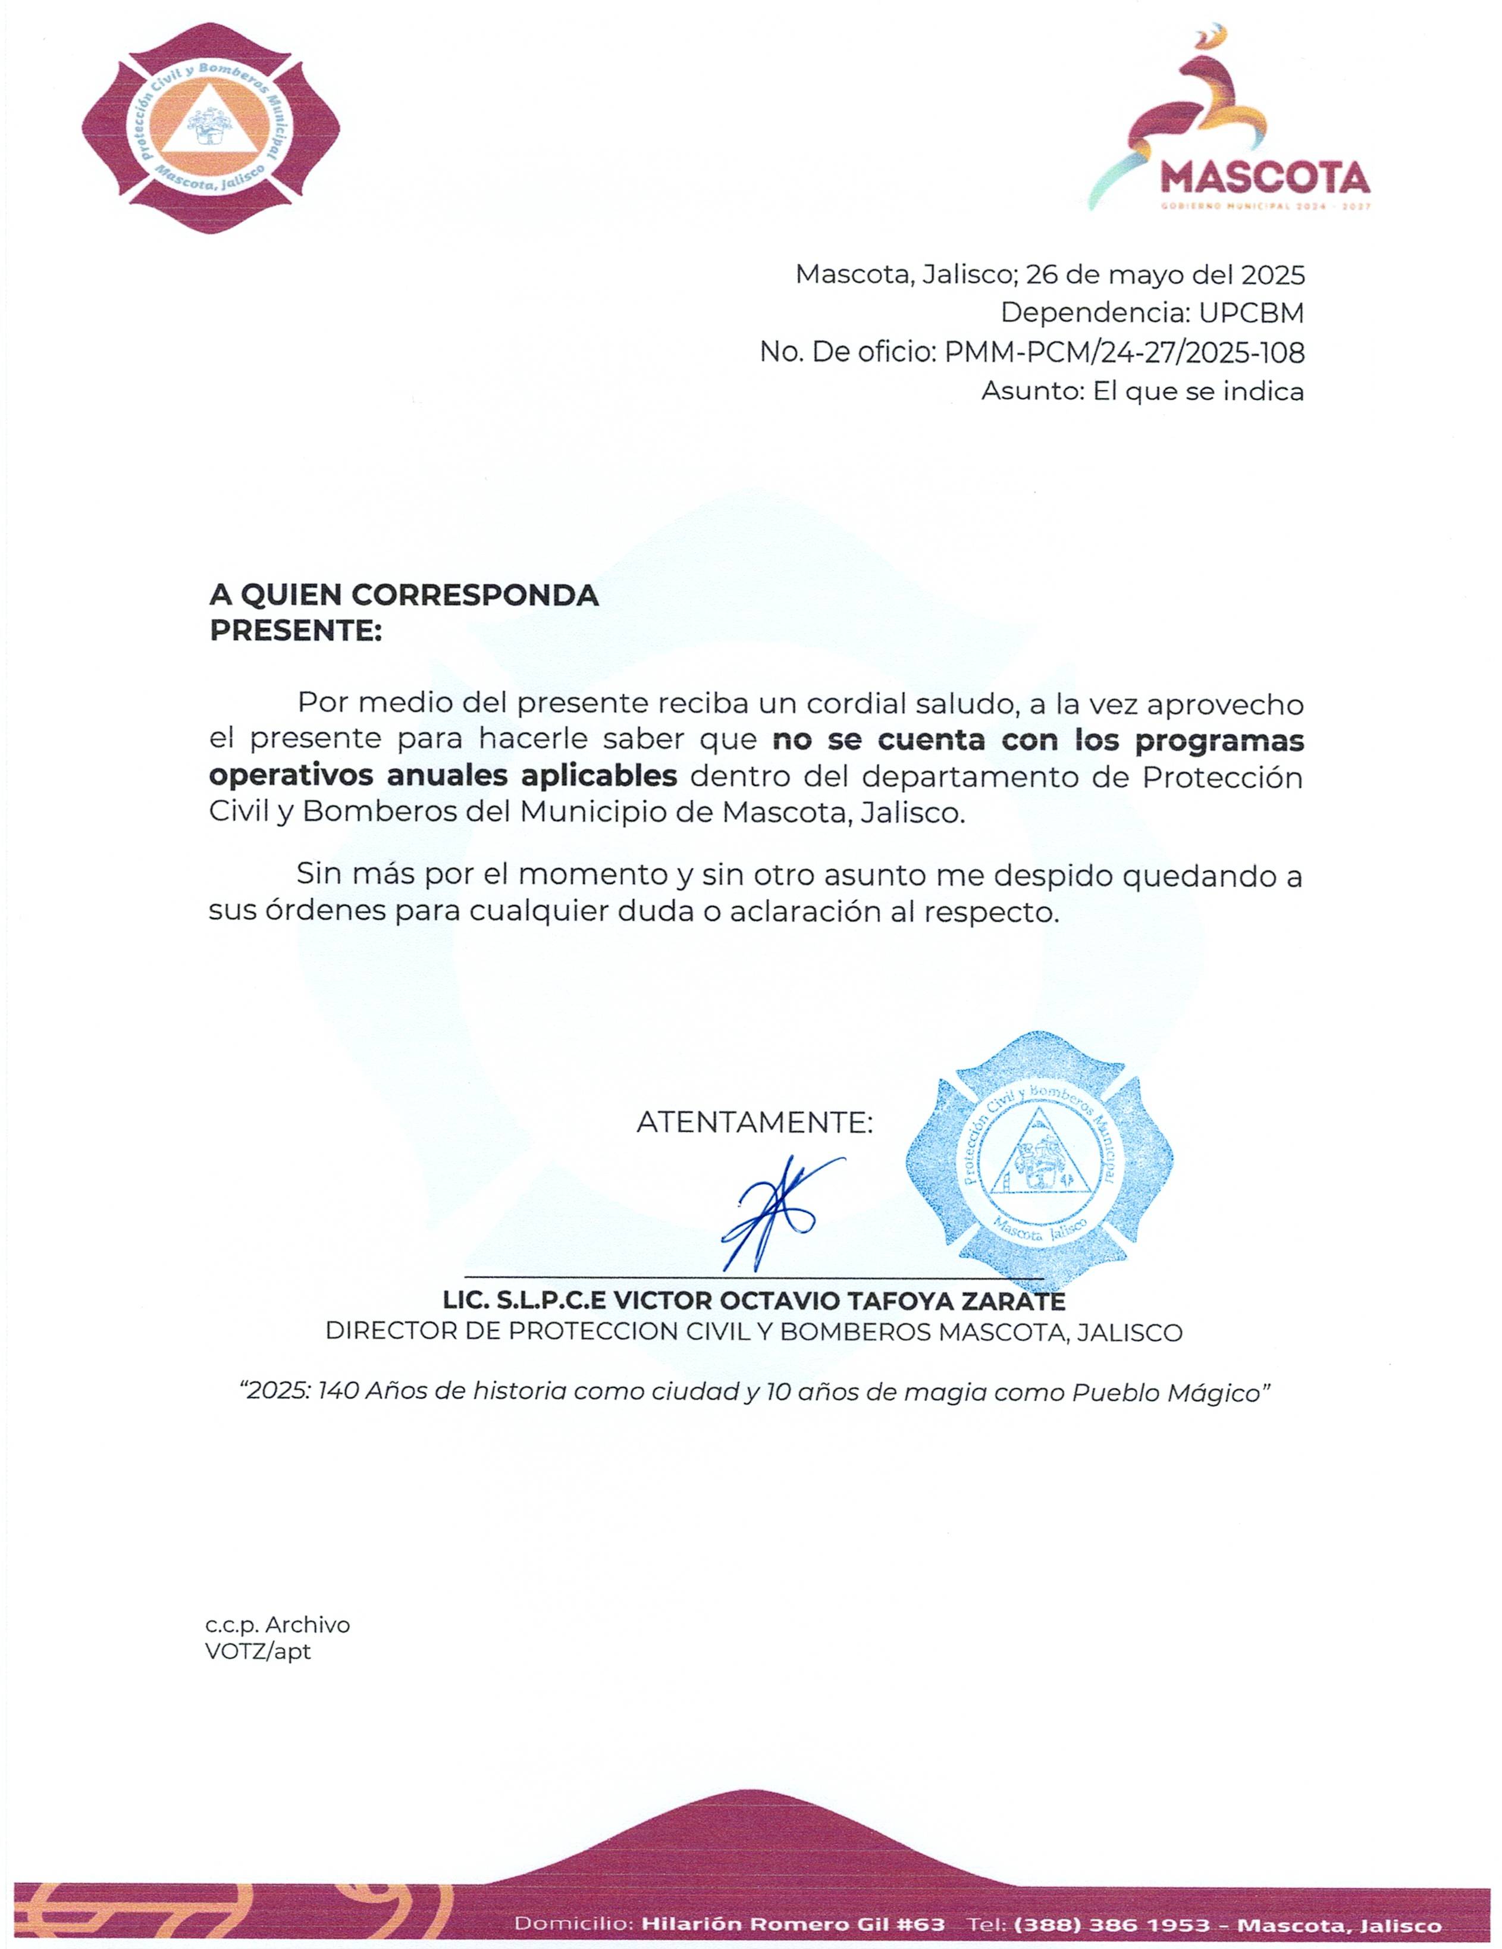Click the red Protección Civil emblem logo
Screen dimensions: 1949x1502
[x=211, y=130]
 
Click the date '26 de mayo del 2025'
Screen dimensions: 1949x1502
[x=1165, y=275]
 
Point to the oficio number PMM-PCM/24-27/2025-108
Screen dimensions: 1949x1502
[x=1124, y=352]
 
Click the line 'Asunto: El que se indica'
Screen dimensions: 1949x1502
[x=1142, y=391]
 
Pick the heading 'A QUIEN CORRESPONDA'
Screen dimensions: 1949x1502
[x=403, y=595]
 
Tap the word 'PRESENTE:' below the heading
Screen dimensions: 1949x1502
[x=296, y=631]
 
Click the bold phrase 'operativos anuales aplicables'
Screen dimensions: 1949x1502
[x=443, y=776]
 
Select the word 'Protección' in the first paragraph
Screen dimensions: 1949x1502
[x=1222, y=777]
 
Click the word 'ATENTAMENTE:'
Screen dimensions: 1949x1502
[x=754, y=1123]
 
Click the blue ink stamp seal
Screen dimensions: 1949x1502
[x=1039, y=1160]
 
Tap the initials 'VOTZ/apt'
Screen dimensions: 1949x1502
[x=258, y=1651]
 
